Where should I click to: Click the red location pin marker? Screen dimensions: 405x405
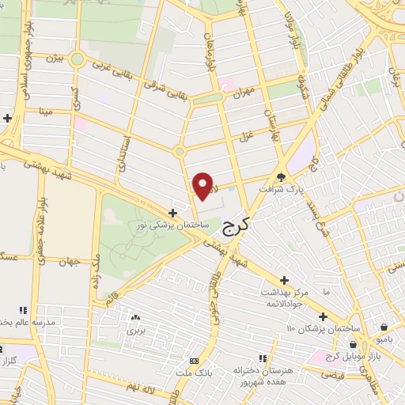point(204,186)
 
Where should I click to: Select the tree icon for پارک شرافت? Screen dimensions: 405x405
point(282,176)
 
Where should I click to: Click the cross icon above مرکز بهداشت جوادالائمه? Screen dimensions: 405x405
point(285,280)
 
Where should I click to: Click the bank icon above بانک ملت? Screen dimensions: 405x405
point(195,361)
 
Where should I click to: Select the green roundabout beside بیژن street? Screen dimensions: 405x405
point(77,59)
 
